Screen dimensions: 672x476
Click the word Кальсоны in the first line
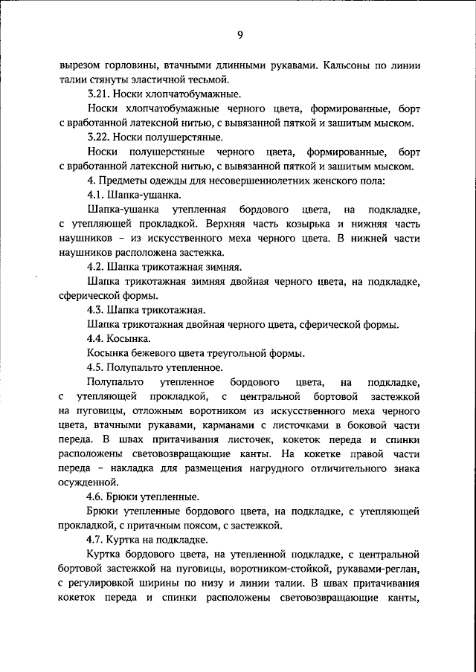pyautogui.click(x=349, y=65)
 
